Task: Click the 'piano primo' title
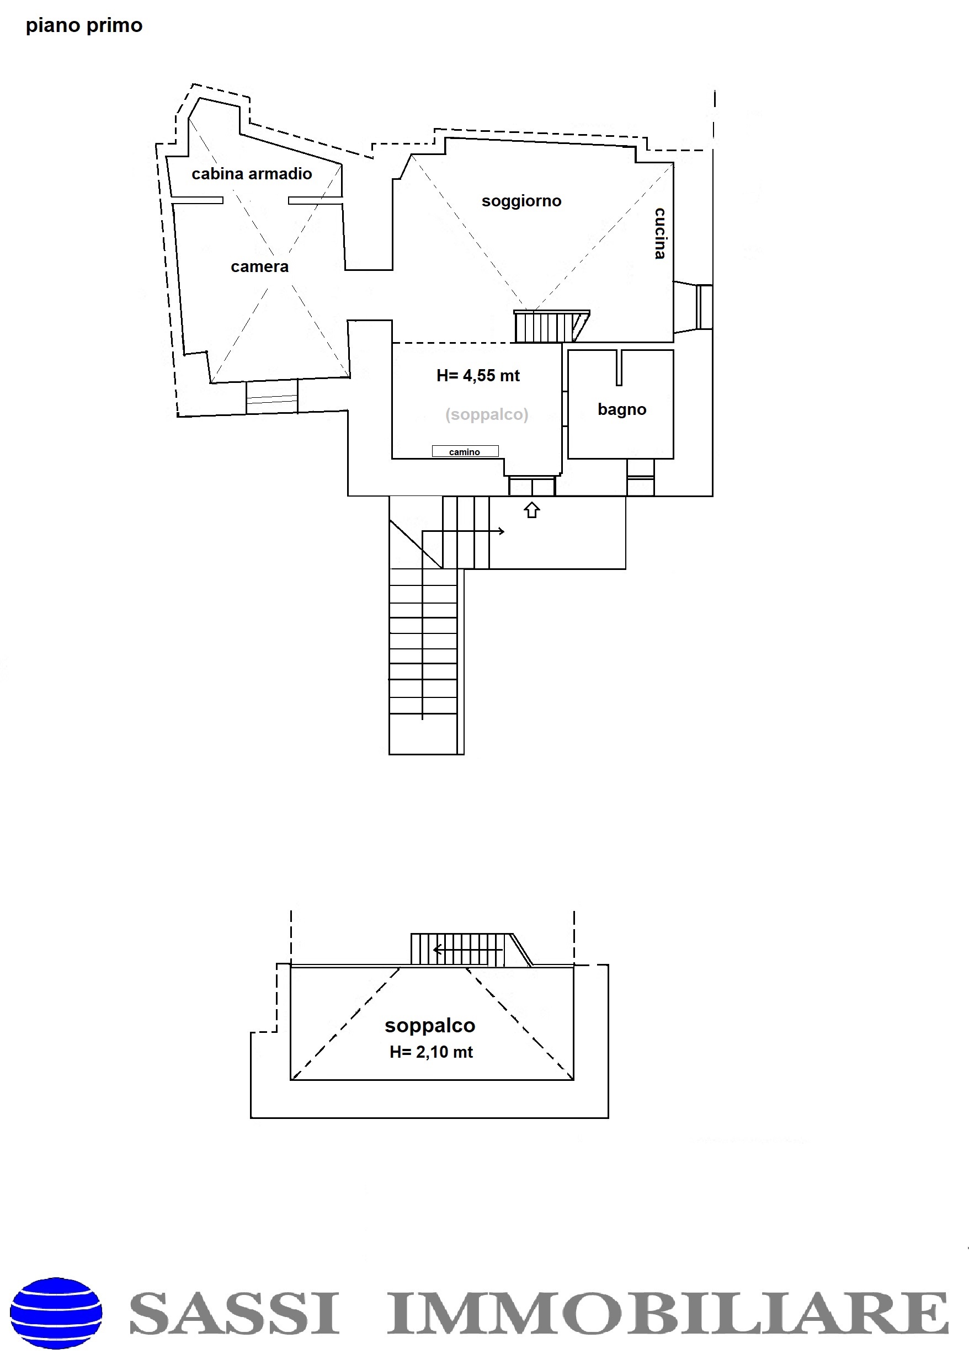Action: (84, 26)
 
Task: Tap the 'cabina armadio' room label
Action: (252, 174)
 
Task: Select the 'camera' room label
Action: (259, 266)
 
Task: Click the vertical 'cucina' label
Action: (660, 233)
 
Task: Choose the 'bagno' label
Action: (622, 410)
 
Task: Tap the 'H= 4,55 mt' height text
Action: (478, 375)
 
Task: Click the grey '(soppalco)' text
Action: (487, 414)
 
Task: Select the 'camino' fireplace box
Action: (465, 452)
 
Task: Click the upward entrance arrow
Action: (531, 510)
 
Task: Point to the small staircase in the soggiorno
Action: (551, 326)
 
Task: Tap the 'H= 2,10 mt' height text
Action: (431, 1052)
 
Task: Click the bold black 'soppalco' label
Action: (430, 1025)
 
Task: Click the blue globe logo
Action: (56, 1313)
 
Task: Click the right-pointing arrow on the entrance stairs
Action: (463, 531)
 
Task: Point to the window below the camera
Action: (271, 397)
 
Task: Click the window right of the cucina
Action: (704, 307)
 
